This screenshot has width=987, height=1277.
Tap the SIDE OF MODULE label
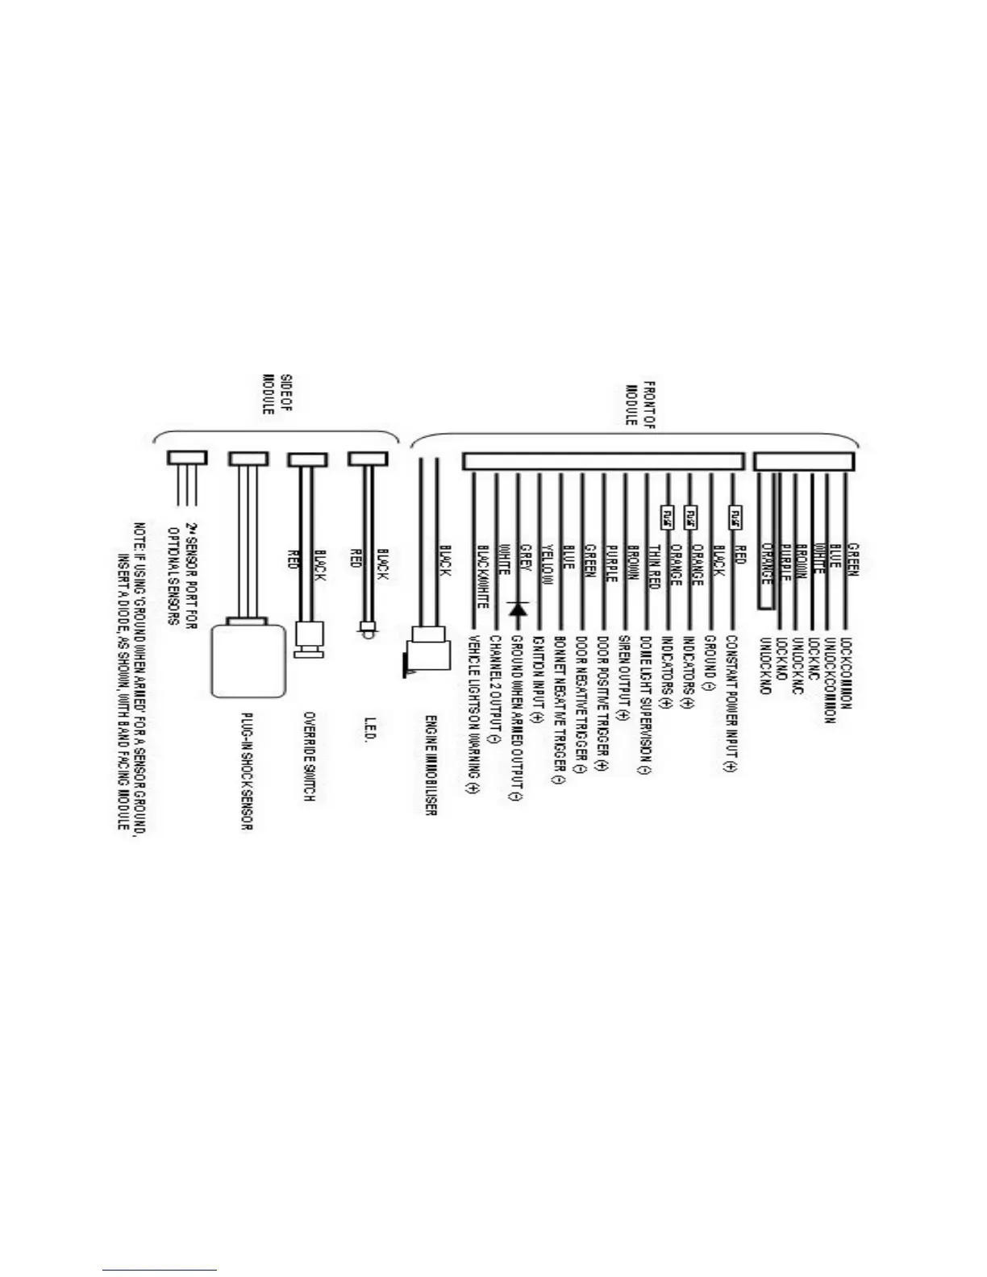[x=277, y=393]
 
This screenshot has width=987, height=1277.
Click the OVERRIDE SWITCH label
[x=307, y=755]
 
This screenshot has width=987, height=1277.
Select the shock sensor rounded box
[x=248, y=659]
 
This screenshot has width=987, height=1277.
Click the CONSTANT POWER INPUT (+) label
[x=731, y=704]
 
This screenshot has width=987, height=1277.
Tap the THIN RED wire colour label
[x=654, y=564]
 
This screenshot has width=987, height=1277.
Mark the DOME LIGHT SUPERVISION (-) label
[x=645, y=705]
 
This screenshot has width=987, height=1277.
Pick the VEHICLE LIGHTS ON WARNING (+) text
[x=473, y=714]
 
